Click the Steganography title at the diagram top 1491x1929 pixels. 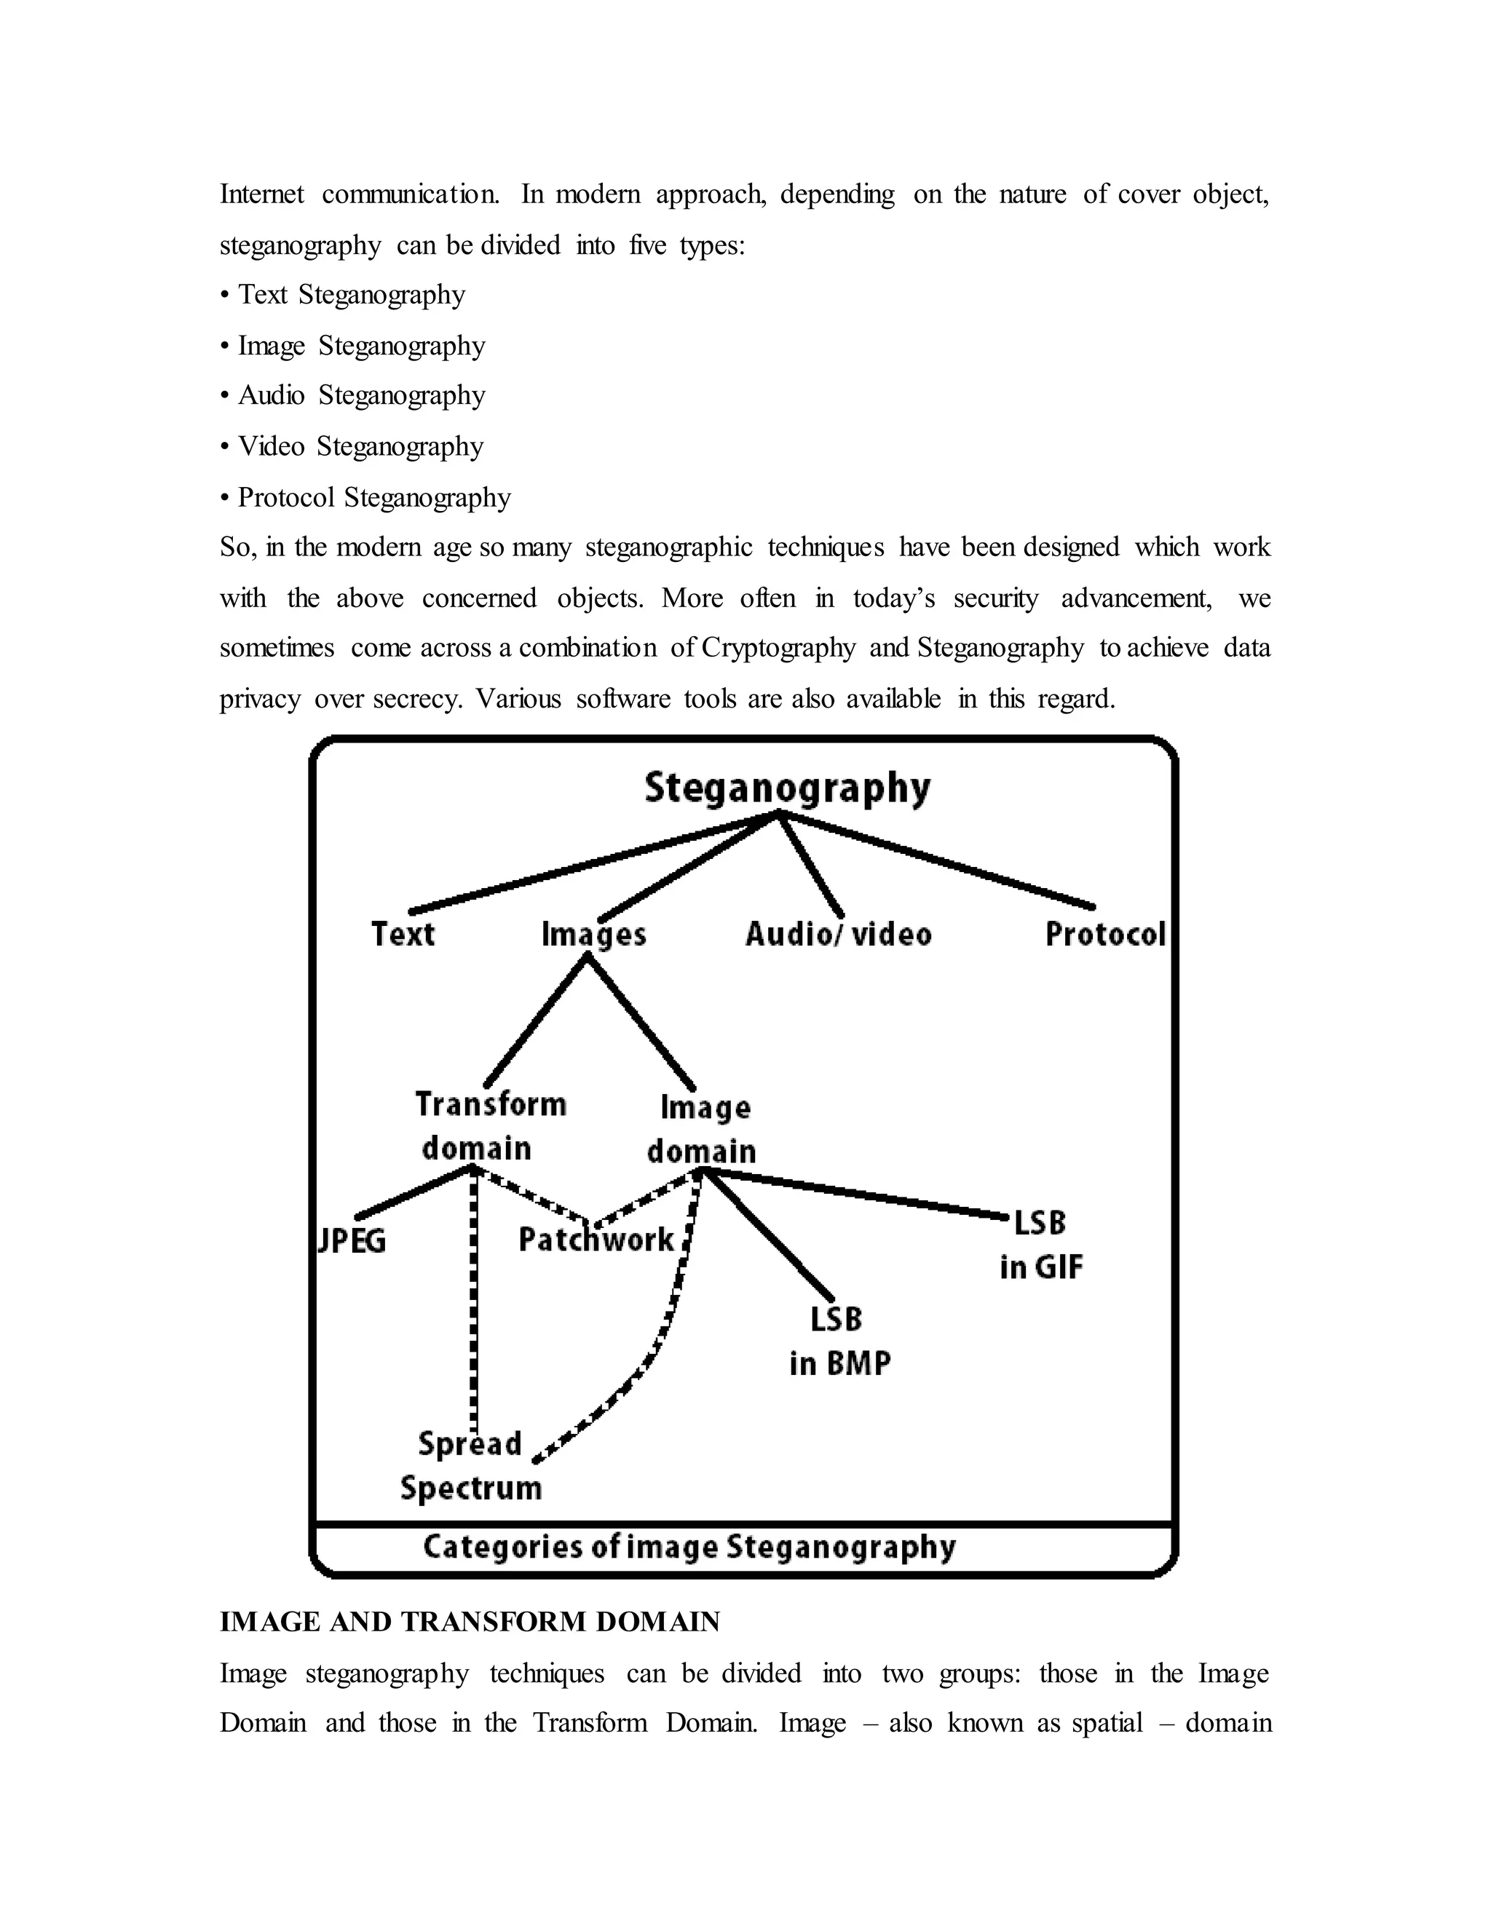click(x=787, y=788)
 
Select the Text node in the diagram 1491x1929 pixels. click(x=403, y=934)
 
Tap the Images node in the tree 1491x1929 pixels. click(x=593, y=935)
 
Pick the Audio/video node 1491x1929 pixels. click(x=838, y=934)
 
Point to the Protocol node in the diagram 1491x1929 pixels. click(x=1105, y=934)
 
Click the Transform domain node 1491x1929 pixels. click(x=489, y=1126)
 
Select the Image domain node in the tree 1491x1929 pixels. click(x=703, y=1129)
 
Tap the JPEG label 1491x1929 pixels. click(x=352, y=1241)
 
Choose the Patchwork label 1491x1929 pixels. click(x=596, y=1240)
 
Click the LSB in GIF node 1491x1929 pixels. click(x=1040, y=1245)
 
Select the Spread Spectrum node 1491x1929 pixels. click(x=470, y=1466)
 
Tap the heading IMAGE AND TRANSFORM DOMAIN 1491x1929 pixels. click(x=470, y=1623)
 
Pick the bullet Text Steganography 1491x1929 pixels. click(x=352, y=294)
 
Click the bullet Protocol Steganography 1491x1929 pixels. click(x=373, y=497)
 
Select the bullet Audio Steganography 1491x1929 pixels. click(x=361, y=395)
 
